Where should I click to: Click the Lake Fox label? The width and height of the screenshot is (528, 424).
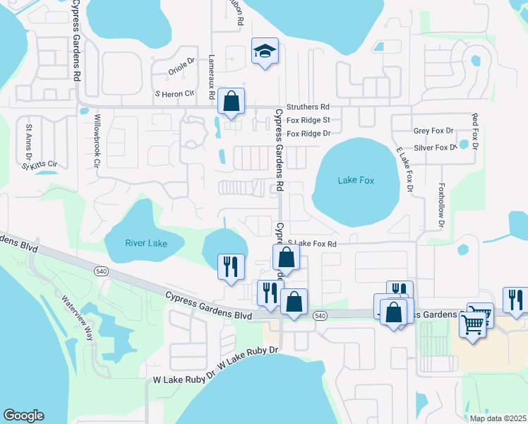[x=356, y=180]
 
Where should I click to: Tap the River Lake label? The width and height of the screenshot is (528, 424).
[x=146, y=243]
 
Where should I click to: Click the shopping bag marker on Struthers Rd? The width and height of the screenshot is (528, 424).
[x=232, y=102]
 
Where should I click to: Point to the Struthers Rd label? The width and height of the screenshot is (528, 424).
[x=308, y=106]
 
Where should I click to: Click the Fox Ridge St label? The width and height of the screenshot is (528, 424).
[x=308, y=120]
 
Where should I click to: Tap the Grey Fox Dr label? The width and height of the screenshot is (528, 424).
[x=433, y=131]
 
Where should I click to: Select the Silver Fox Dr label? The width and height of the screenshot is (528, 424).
[x=436, y=148]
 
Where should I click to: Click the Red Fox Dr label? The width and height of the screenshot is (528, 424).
[x=475, y=131]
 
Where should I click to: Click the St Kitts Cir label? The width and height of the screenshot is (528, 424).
[x=39, y=166]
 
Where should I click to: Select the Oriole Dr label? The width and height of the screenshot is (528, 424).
[x=181, y=68]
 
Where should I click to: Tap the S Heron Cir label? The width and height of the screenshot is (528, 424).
[x=174, y=93]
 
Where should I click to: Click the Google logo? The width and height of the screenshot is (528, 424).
[x=23, y=416]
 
